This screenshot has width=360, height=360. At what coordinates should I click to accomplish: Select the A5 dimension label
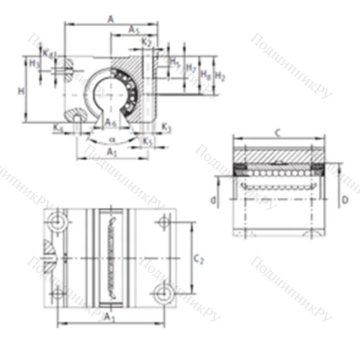[134, 29]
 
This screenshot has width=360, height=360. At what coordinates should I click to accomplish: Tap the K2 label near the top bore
[147, 42]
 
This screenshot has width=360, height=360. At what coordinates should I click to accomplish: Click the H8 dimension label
[205, 73]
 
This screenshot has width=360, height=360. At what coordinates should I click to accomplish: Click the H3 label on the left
[33, 63]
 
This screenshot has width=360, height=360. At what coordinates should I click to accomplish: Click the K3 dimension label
[166, 127]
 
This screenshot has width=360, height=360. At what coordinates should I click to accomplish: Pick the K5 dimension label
[148, 141]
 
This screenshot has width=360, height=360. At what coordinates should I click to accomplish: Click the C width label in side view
[277, 132]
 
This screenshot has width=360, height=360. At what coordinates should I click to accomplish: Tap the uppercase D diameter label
[346, 199]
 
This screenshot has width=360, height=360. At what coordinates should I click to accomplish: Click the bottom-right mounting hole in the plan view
[163, 292]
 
